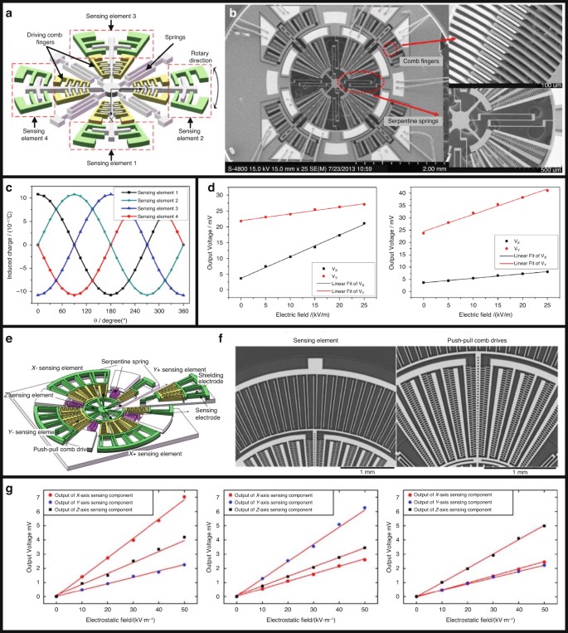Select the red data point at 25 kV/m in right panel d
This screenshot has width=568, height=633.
(x=546, y=191)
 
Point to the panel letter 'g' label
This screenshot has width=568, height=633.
(x=7, y=489)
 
